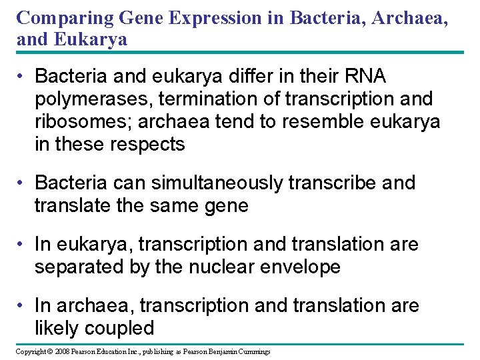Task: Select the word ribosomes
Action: click(85, 122)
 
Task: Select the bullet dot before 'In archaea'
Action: click(22, 306)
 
